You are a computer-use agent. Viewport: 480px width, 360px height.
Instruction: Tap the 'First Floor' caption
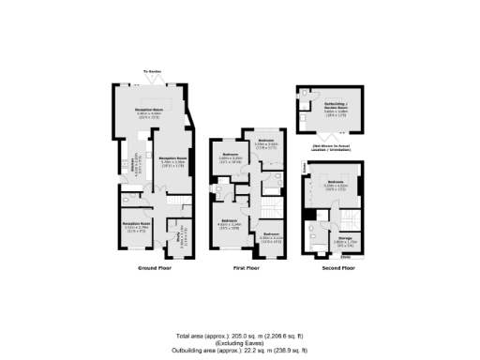tap(246, 267)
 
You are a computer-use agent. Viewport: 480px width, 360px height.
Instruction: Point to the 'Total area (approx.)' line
tap(240, 335)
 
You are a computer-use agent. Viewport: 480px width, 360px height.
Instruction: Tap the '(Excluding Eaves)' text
tap(240, 342)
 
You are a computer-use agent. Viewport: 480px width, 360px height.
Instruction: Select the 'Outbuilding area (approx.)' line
tap(240, 350)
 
